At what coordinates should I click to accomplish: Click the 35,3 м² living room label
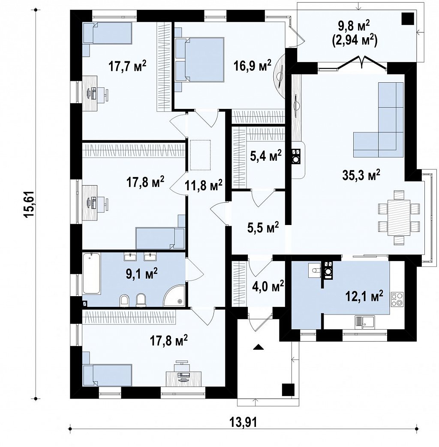[361, 175]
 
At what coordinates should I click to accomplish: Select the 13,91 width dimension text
[243, 422]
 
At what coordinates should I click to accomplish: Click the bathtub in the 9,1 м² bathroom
[92, 273]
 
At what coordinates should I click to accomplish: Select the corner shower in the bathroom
[174, 295]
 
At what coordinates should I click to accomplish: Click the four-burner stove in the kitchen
[397, 299]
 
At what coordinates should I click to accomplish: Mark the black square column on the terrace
[408, 19]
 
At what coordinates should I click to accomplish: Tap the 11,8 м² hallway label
[204, 186]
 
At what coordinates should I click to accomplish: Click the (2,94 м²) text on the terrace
[354, 40]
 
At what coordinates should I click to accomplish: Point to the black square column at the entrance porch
[288, 390]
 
